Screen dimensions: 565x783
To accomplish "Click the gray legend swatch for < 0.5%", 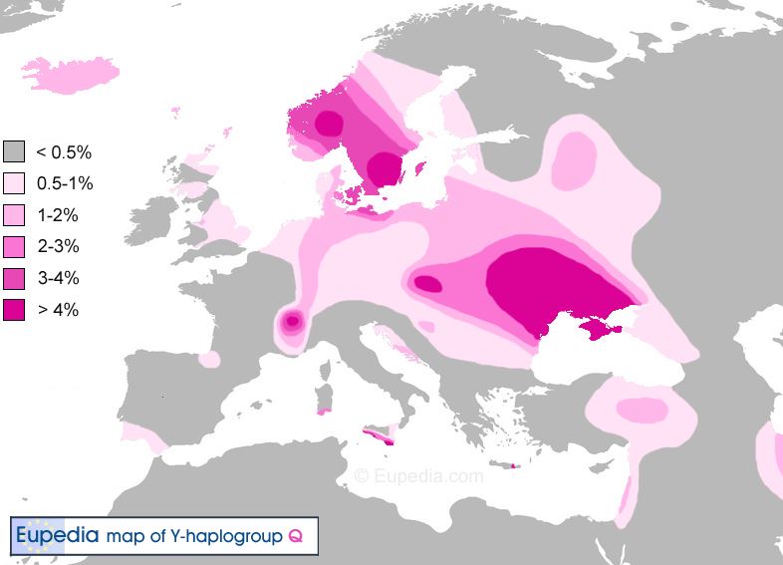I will (14, 151).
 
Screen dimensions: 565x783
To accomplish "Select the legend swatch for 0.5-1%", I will (14, 183).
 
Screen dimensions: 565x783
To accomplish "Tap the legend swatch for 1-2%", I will (14, 215).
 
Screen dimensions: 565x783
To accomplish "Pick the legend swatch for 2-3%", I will (14, 246).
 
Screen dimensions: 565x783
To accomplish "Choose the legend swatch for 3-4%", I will (14, 278).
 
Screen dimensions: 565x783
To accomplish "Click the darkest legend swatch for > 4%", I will (14, 310).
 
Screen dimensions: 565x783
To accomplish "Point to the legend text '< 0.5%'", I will (64, 152).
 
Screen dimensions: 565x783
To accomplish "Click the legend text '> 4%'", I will (58, 311).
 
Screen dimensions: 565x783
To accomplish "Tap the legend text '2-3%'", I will (58, 247).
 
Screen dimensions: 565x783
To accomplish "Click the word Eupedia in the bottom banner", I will (57, 535).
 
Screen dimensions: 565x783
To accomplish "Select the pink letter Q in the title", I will (295, 536).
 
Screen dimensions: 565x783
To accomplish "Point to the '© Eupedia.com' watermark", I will (419, 476).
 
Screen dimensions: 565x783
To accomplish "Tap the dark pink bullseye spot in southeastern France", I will (292, 322).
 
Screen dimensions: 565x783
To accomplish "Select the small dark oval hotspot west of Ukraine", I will (427, 284).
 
